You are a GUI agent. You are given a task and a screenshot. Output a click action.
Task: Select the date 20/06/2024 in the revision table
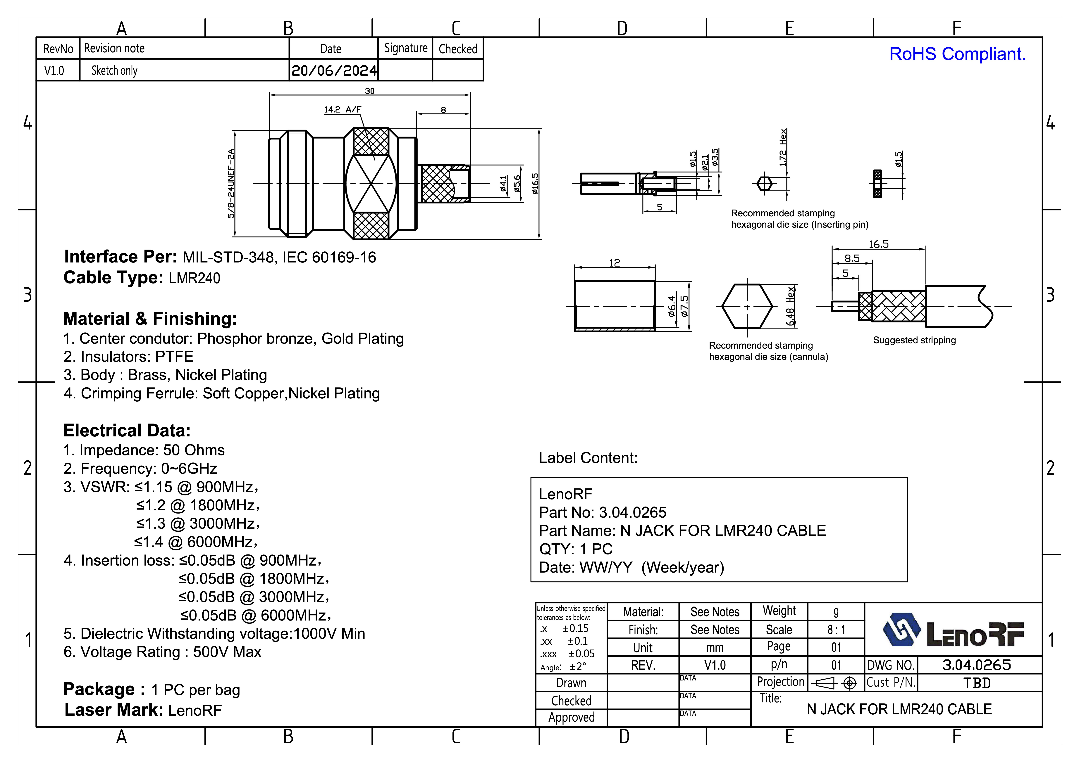[x=334, y=70]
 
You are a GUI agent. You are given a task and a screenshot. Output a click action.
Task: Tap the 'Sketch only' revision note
[x=114, y=70]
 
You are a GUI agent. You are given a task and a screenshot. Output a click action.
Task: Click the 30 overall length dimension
[x=369, y=91]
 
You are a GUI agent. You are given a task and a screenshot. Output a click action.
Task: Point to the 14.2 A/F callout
[x=342, y=109]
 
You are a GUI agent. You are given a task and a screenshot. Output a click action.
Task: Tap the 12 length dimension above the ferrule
[x=614, y=263]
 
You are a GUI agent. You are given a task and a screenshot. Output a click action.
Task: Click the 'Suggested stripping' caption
[x=914, y=340]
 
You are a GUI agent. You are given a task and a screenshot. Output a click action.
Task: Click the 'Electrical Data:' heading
[x=127, y=430]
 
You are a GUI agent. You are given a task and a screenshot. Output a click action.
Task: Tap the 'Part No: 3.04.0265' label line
[x=603, y=512]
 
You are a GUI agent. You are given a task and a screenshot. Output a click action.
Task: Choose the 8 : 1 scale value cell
[x=836, y=630]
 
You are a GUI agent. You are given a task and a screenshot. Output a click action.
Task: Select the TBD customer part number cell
[x=977, y=683]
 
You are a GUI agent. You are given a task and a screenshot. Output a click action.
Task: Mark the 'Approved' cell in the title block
[x=572, y=717]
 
